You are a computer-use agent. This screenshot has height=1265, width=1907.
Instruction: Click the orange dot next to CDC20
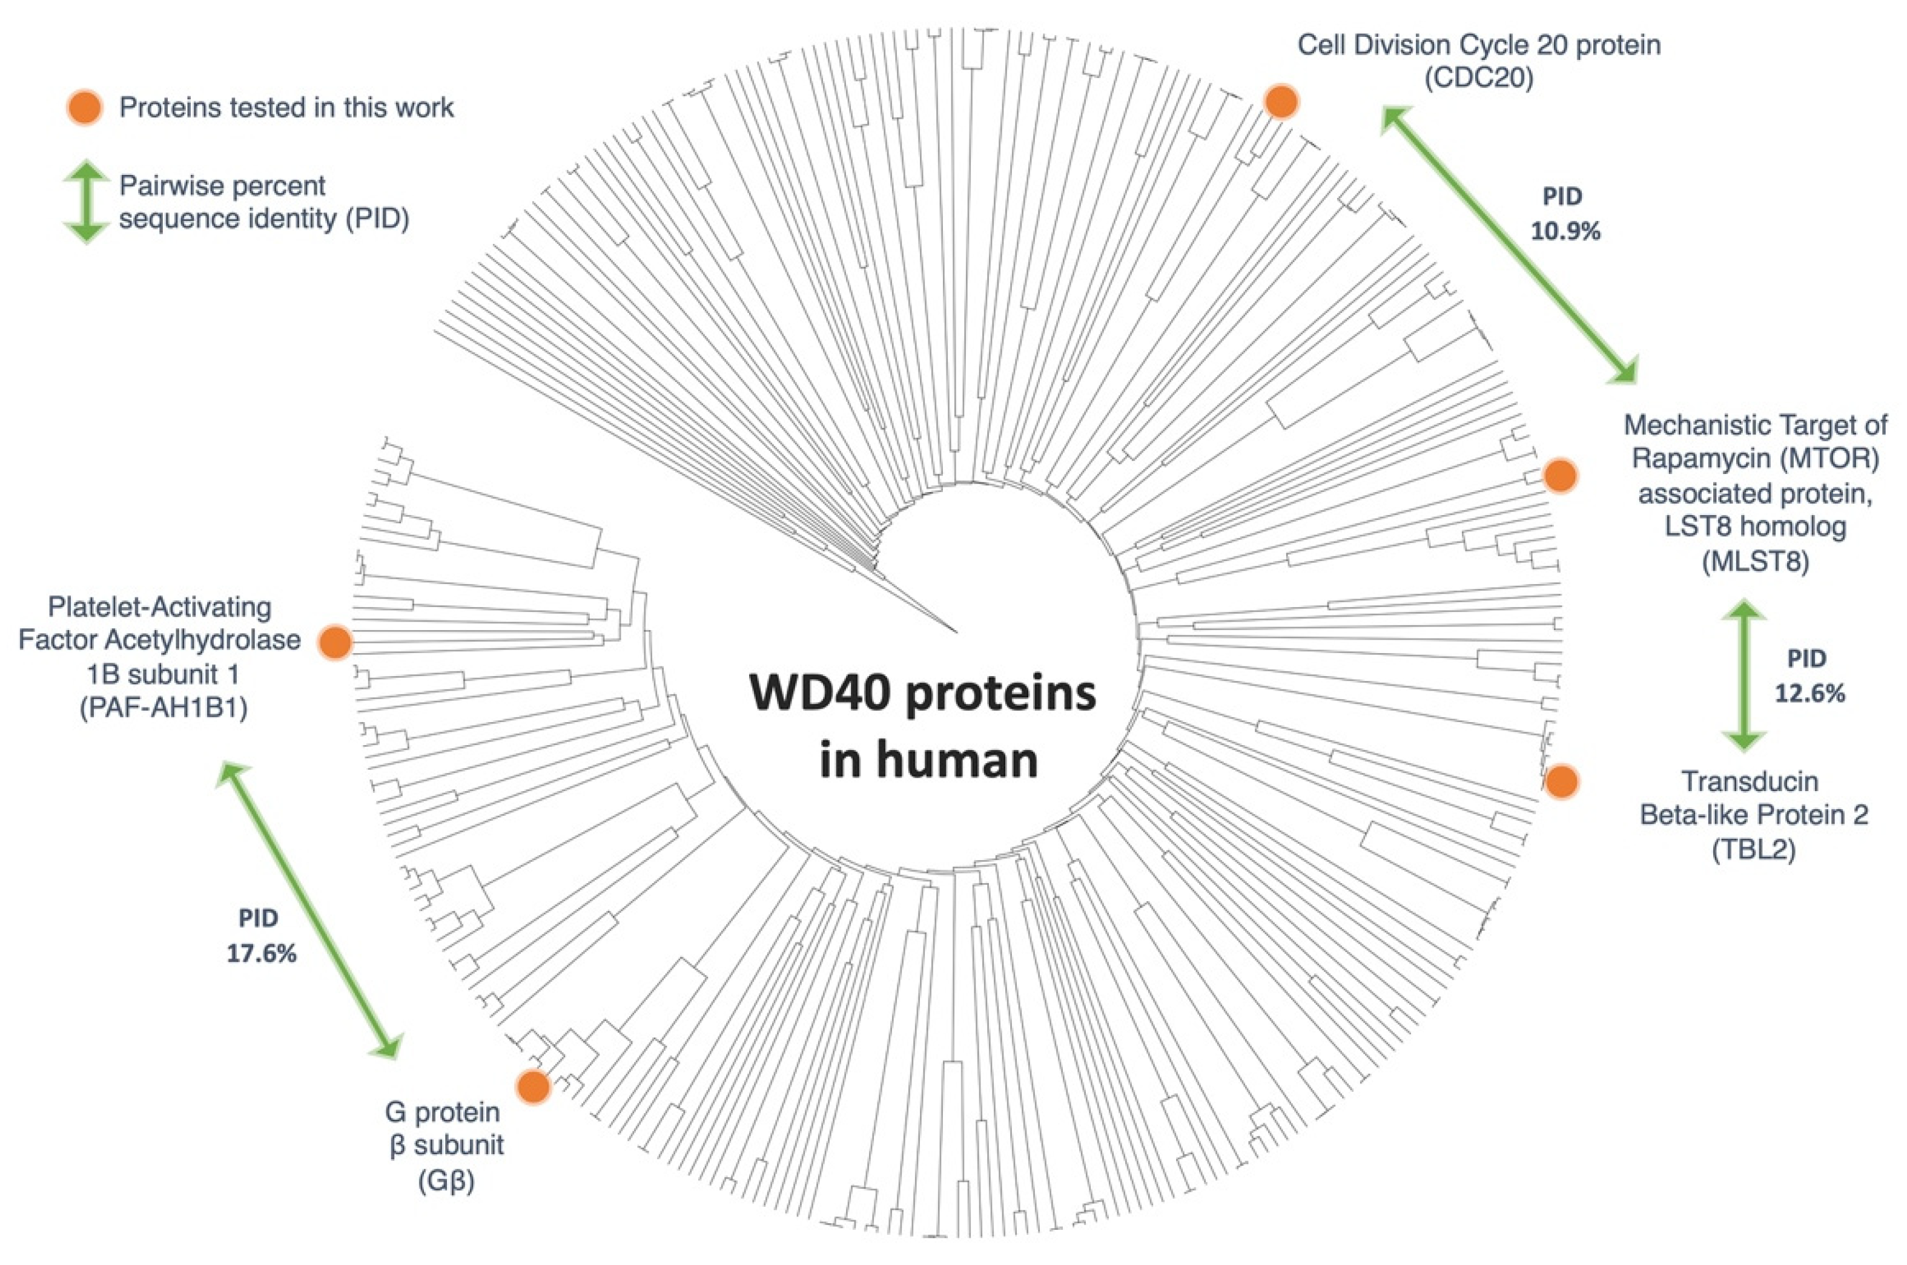1281,102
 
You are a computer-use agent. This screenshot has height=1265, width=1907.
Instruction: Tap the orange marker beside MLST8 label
1559,476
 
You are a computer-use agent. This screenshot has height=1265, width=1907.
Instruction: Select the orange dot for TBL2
1562,781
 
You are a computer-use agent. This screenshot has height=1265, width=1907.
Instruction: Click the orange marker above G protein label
533,1086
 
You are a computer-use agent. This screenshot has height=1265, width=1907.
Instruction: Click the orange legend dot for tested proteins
85,107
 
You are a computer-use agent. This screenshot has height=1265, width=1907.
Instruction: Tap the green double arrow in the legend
85,202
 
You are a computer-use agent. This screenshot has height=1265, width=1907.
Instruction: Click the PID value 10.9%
1565,232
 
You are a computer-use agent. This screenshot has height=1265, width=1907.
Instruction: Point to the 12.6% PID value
1810,693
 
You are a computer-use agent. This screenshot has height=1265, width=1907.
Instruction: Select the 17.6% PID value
260,953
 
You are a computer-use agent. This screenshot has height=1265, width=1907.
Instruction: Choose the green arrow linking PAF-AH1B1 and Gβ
309,910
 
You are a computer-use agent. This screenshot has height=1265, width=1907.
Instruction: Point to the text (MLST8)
1755,560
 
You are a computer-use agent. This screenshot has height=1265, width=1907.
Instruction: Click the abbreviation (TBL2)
1754,850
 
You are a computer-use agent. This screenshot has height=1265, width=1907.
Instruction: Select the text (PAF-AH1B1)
164,708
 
